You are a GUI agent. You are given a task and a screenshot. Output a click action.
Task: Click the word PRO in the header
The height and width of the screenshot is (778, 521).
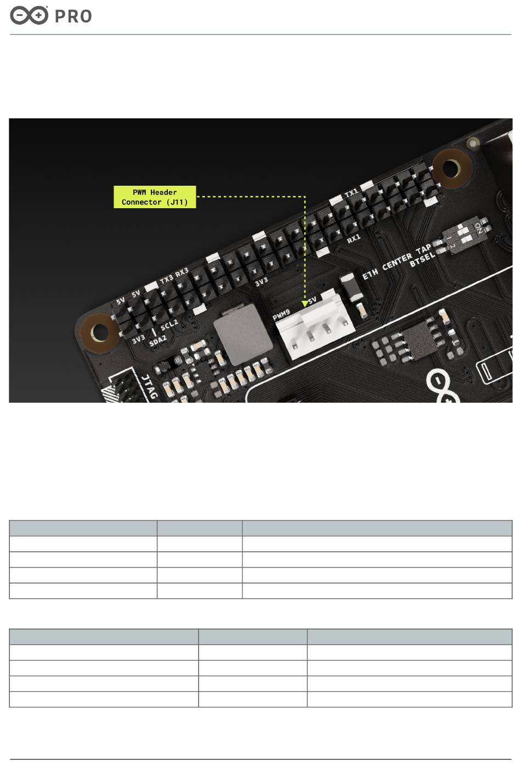coord(73,16)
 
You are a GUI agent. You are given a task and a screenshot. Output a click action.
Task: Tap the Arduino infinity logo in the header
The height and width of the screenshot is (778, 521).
coord(29,15)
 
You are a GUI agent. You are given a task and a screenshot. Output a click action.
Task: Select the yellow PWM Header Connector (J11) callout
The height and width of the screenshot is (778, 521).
coord(155,197)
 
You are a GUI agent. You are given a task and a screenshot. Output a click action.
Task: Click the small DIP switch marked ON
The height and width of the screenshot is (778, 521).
coord(464,235)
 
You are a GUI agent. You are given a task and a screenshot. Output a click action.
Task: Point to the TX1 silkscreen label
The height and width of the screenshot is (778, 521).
coord(351,193)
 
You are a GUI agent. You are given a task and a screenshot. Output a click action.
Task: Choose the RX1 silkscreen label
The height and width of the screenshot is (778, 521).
coord(354,239)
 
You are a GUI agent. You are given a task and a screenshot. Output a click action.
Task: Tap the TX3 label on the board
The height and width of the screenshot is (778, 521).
coord(166,279)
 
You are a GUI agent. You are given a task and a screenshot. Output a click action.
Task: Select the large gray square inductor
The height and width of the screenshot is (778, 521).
coord(242,334)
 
